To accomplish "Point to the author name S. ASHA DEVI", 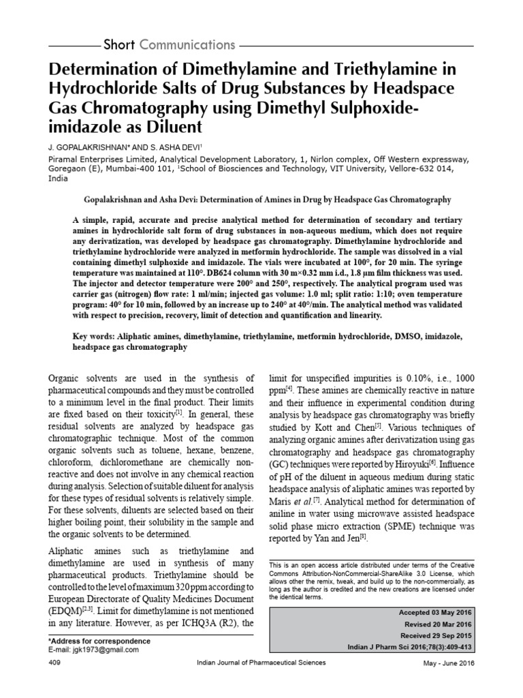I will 168,146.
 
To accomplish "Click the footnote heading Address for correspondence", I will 100,641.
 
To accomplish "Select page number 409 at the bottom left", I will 56,663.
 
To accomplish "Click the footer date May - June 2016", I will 449,663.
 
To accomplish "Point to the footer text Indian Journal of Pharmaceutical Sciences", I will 261,663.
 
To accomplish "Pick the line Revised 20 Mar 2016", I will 437,624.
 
